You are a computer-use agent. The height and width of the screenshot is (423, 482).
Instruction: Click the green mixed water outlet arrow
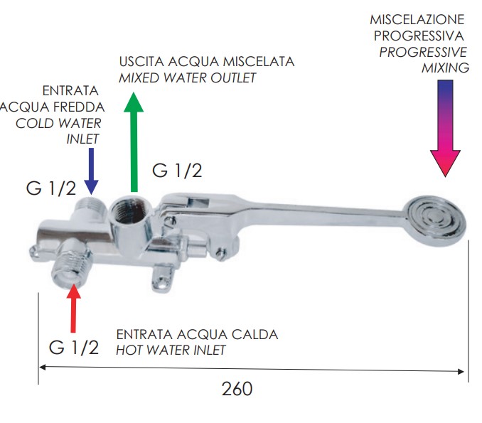(x=134, y=142)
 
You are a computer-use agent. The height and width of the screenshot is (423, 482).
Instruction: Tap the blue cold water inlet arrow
(x=91, y=171)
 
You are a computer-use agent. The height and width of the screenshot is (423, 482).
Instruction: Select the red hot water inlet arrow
(x=73, y=309)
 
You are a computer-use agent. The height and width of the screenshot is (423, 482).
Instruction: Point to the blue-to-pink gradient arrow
(x=445, y=128)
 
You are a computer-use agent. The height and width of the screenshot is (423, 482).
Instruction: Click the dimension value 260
(x=237, y=389)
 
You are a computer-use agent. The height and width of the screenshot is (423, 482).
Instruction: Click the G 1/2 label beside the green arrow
(x=177, y=171)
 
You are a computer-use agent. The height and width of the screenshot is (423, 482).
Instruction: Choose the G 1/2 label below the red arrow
(x=74, y=348)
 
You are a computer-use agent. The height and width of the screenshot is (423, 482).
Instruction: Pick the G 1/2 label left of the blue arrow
(x=51, y=188)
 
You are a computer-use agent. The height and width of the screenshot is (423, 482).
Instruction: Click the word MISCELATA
(x=259, y=61)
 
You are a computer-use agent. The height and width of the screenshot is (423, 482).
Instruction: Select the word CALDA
(x=255, y=334)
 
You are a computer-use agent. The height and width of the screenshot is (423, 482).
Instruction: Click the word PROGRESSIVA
(x=419, y=36)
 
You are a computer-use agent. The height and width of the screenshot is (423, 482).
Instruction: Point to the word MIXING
(x=445, y=68)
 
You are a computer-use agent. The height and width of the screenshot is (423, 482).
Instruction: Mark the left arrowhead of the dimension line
(x=43, y=367)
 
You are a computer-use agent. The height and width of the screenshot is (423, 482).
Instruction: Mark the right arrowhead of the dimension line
(x=461, y=371)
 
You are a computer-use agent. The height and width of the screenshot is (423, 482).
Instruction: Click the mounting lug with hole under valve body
(x=163, y=280)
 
